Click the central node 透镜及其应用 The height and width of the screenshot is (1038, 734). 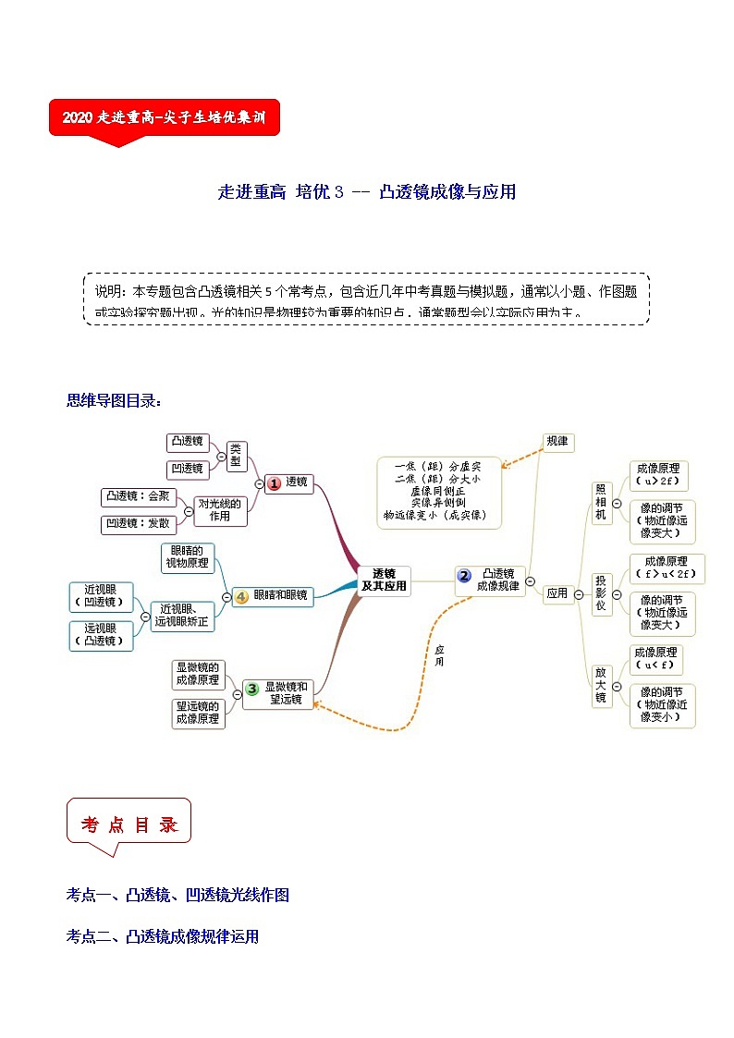[384, 580]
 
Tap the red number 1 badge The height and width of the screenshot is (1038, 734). [273, 482]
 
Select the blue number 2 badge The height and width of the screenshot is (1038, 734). [465, 575]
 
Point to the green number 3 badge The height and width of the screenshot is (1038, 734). [252, 688]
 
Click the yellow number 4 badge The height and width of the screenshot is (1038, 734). [240, 596]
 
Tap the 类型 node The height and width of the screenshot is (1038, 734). [237, 456]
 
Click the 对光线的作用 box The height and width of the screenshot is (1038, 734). [219, 510]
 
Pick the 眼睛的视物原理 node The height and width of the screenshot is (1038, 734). [188, 557]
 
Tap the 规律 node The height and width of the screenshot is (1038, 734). [557, 442]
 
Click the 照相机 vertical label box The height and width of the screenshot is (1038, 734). [600, 503]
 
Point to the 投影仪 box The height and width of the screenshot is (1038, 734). [600, 593]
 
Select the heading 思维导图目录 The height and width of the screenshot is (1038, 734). [115, 401]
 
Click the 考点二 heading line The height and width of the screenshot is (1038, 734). [163, 936]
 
